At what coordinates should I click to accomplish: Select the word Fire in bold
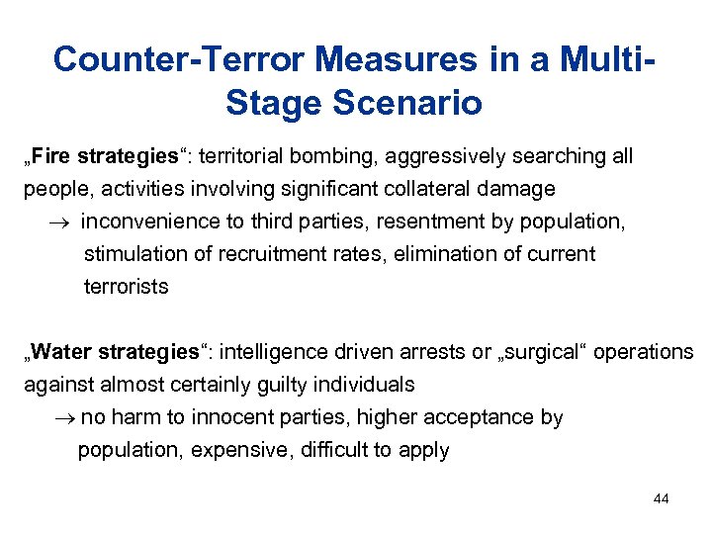[x=53, y=156]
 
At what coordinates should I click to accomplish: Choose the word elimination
[x=445, y=253]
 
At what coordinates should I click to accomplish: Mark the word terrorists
[x=127, y=286]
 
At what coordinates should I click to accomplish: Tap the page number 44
[x=661, y=498]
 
